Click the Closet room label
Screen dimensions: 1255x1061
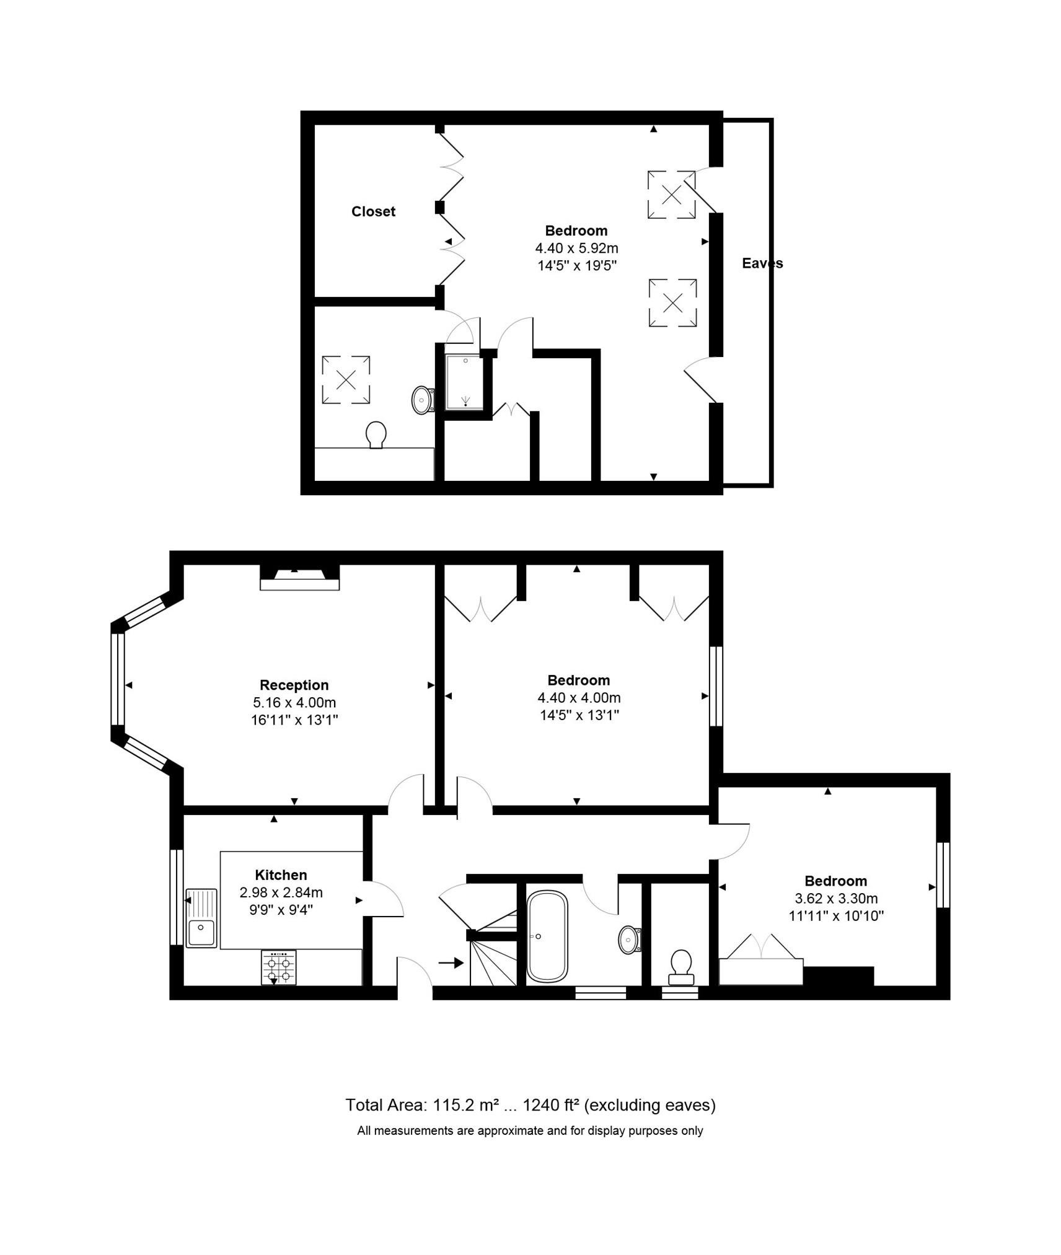372,211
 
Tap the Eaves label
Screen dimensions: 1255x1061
762,263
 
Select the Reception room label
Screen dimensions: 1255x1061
294,685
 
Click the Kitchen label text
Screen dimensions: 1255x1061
281,875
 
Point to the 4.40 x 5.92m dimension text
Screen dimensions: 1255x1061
576,249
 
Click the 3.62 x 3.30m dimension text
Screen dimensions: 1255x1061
835,899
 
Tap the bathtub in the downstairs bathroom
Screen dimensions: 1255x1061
547,936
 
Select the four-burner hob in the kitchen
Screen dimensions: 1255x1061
278,967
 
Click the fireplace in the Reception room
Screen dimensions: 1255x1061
299,576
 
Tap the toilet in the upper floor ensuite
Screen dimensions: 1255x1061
376,434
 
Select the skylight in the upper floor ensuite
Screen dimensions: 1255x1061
346,379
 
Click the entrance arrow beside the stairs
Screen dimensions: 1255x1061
451,962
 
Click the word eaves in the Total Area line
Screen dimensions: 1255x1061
688,1105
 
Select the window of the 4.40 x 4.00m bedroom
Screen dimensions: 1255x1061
716,686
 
